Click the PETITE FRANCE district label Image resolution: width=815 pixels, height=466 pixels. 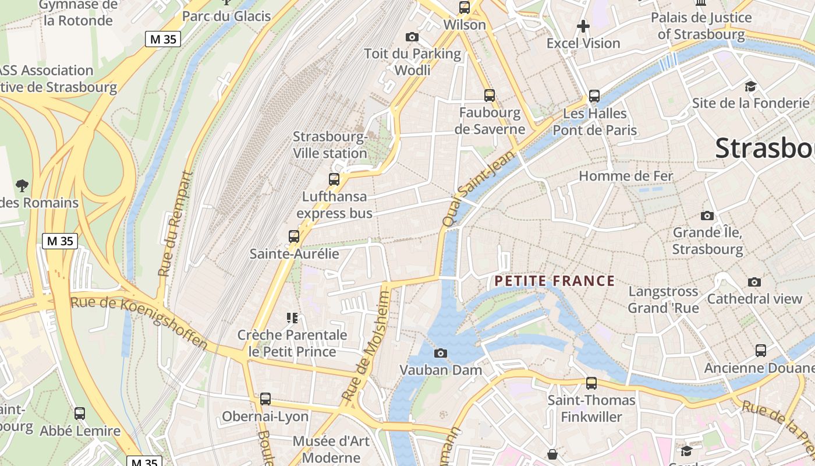[554, 281]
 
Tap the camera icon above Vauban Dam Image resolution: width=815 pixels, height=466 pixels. [441, 353]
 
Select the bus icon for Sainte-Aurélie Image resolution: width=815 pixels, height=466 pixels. [294, 236]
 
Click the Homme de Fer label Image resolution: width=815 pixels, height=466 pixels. [626, 176]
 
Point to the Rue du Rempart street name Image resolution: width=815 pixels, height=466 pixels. [174, 224]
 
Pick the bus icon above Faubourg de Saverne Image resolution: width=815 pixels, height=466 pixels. [490, 95]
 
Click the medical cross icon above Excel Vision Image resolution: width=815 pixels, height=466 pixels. [583, 26]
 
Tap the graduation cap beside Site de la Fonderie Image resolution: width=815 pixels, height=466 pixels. [750, 87]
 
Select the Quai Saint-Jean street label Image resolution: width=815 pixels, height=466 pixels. [479, 189]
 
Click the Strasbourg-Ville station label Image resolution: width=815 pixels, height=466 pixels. [330, 145]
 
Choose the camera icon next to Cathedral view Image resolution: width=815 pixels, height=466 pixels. [754, 282]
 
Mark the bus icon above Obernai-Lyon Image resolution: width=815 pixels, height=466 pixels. [265, 399]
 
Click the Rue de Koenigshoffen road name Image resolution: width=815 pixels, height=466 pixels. [139, 322]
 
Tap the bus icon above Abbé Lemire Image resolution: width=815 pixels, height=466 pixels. [80, 414]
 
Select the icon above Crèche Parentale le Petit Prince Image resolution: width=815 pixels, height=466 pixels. [292, 317]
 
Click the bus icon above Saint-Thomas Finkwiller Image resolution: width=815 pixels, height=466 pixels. [591, 383]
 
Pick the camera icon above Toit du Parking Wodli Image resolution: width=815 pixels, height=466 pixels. [412, 37]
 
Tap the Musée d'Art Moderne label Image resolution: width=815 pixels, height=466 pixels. [331, 449]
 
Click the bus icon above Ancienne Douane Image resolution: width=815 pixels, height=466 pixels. [761, 351]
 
